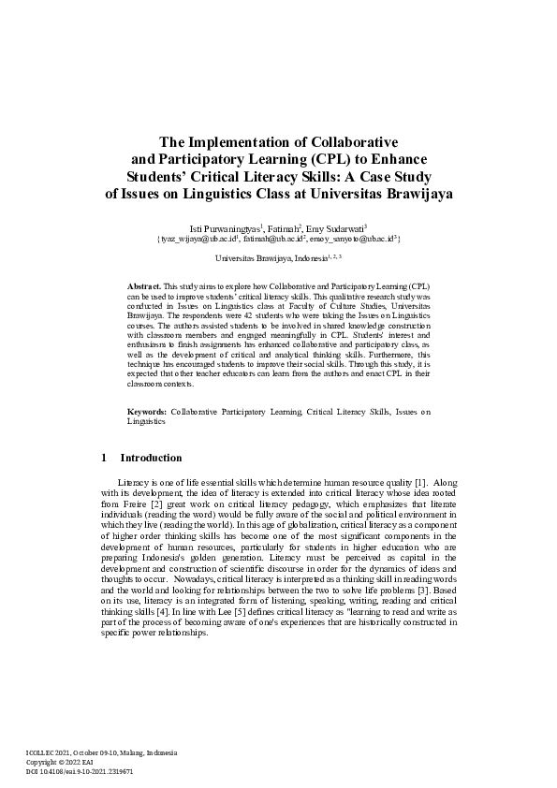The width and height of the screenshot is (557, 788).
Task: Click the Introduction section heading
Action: (x=151, y=459)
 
